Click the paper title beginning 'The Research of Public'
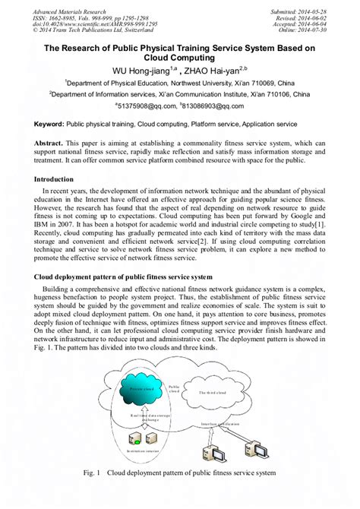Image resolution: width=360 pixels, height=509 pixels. (x=180, y=52)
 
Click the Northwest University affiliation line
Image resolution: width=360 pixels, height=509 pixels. (x=180, y=83)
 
